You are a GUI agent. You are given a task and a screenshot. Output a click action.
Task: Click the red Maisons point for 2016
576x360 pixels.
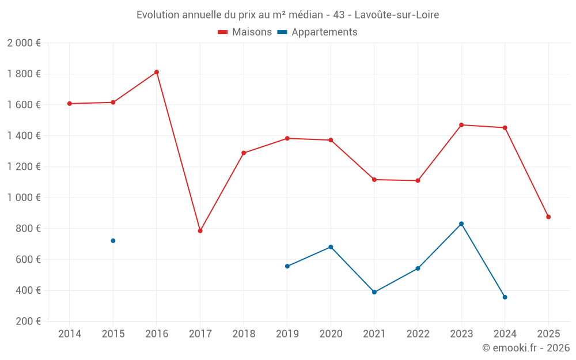click(x=157, y=72)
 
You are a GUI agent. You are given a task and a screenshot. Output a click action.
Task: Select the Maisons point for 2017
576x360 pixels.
click(x=200, y=231)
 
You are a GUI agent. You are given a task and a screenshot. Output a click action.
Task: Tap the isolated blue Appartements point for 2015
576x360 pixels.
click(x=113, y=241)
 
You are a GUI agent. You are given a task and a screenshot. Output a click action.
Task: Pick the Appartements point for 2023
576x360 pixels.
click(x=461, y=223)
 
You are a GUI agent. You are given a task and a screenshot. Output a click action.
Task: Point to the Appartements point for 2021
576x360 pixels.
click(x=374, y=292)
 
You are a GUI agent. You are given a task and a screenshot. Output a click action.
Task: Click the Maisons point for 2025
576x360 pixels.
click(x=548, y=217)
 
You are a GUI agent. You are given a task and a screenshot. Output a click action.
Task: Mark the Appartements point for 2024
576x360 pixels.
click(x=505, y=297)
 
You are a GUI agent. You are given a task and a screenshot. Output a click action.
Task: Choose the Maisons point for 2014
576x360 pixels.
click(x=70, y=104)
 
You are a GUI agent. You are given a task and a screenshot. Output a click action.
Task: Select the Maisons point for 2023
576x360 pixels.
click(x=461, y=125)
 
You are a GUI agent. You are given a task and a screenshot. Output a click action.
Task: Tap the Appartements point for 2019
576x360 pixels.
click(x=287, y=266)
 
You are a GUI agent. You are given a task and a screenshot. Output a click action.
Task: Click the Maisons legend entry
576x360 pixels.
click(x=245, y=32)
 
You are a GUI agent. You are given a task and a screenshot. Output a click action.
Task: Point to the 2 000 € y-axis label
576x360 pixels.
click(x=24, y=43)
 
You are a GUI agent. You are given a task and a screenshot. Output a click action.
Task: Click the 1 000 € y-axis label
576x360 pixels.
click(x=24, y=198)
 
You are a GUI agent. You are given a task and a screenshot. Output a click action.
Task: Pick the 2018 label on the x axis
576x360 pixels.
click(x=244, y=334)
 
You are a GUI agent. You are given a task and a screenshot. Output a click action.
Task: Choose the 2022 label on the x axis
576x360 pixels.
click(x=418, y=334)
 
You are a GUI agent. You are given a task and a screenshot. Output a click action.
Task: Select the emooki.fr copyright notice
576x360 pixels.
click(x=525, y=348)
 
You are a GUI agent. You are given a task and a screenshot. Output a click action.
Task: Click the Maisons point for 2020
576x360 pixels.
click(x=331, y=140)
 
